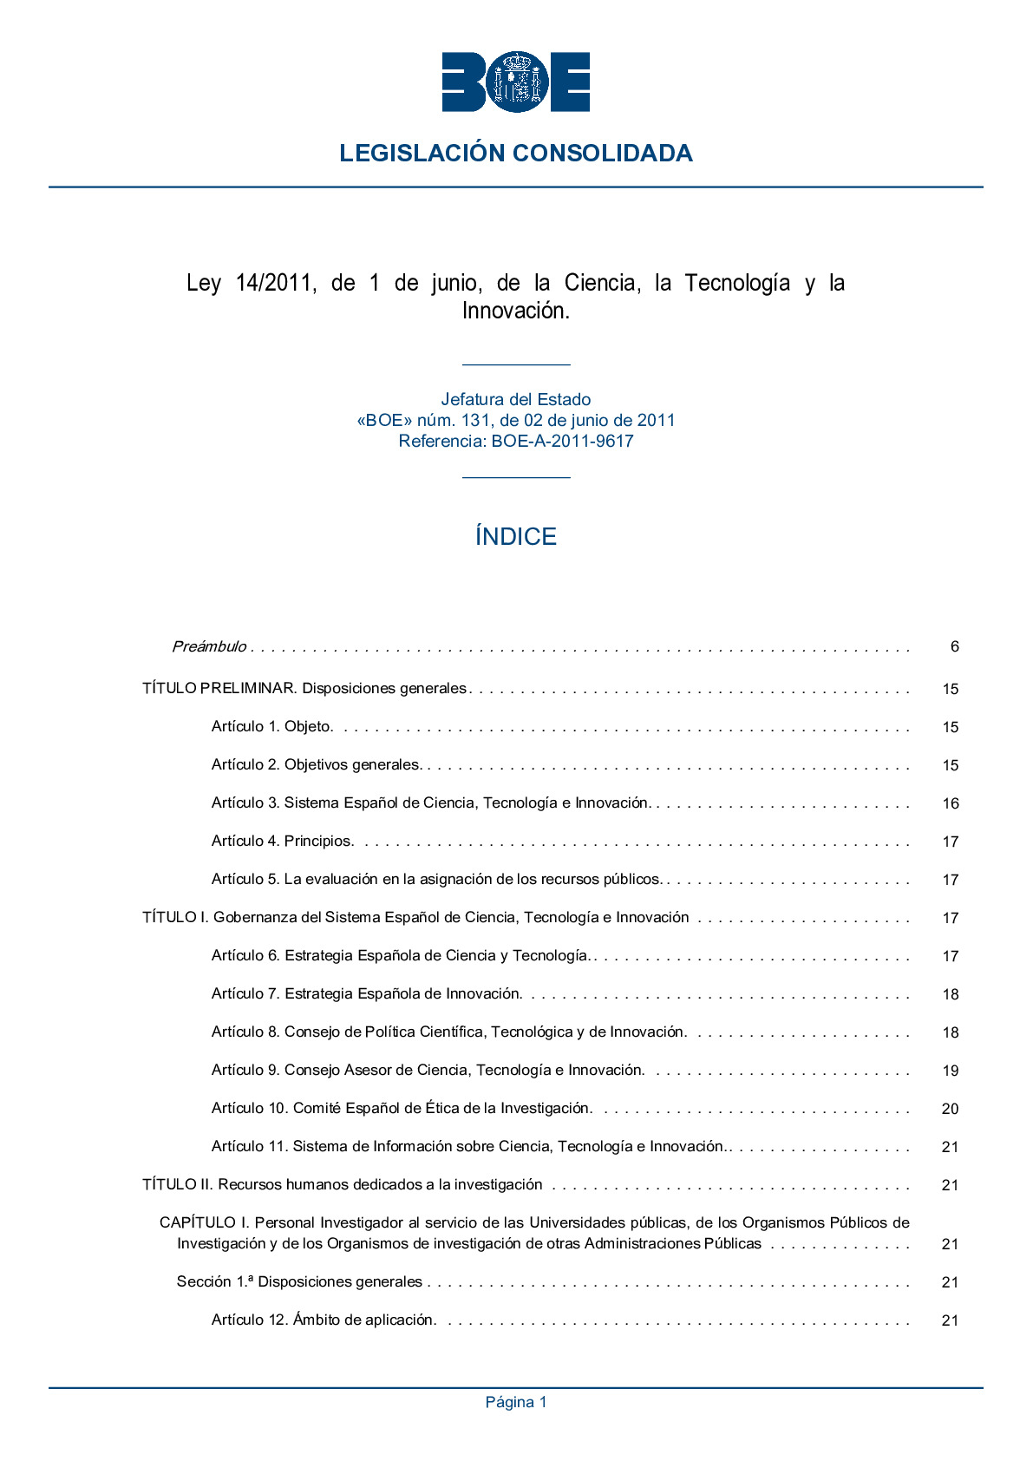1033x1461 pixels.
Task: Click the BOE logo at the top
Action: (515, 82)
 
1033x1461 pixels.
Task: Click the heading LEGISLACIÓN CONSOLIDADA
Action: (515, 154)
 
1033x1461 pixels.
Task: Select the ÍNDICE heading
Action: (515, 536)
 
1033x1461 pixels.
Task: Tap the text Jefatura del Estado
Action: (515, 399)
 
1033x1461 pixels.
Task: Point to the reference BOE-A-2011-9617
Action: (562, 441)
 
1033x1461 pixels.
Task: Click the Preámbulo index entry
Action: (209, 646)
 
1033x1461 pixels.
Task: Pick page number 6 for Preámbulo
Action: (954, 646)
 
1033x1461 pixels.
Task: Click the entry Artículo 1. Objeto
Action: (271, 726)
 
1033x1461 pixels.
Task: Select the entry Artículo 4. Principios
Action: (282, 841)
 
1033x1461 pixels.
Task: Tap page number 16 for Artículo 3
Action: (951, 803)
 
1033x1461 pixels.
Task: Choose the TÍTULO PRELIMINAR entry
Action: (304, 688)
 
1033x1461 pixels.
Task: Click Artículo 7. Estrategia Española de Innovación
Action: (366, 993)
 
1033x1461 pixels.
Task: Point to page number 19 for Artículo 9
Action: (951, 1071)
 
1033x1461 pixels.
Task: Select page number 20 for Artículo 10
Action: (951, 1109)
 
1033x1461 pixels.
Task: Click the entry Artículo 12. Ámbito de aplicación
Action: (323, 1320)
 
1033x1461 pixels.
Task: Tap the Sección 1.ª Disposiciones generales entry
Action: (299, 1281)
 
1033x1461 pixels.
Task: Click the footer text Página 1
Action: (515, 1402)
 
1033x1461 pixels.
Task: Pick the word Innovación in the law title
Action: (515, 311)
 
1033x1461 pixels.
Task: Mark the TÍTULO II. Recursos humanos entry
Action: (343, 1184)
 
